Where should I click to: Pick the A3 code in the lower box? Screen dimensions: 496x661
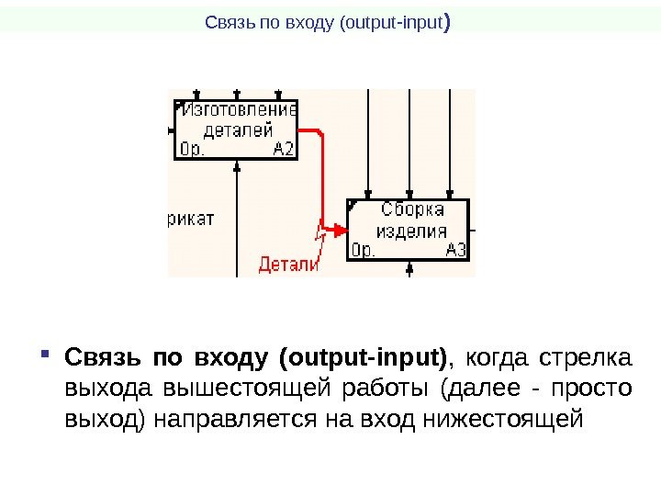coord(455,250)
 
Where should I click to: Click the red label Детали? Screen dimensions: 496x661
coord(287,265)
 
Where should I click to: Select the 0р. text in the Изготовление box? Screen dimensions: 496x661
coord(192,149)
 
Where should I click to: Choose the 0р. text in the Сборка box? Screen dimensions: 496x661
coord(364,250)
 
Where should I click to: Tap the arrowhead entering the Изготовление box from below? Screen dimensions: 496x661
coord(238,165)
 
